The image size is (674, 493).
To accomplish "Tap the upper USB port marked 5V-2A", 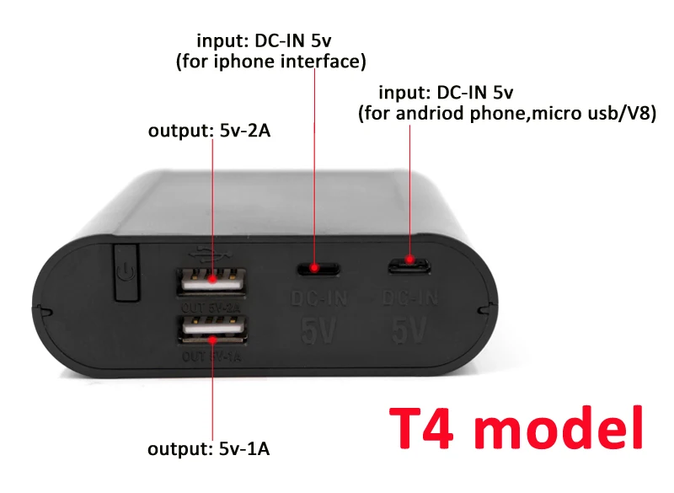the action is coord(207,278).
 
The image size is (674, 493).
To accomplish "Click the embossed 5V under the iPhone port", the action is coord(316,329).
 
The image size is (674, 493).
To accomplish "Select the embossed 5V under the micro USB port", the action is coord(409,329).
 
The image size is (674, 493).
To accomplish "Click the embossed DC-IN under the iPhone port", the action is coord(316,297).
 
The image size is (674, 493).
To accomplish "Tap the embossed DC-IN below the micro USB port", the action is coord(409,297).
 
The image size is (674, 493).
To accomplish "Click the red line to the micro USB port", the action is coord(410,194).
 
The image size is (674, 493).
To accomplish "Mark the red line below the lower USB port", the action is coord(212,388).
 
